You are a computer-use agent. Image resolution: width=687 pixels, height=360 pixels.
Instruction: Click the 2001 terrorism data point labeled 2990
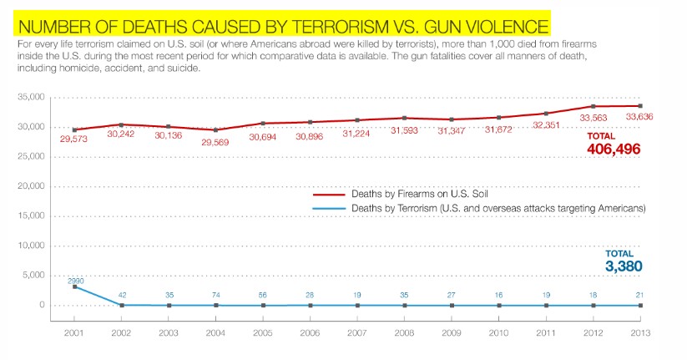coord(75,286)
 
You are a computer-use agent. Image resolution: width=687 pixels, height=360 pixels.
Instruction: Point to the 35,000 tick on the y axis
coord(31,98)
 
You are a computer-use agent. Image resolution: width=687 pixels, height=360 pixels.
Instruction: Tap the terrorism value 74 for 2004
coord(217,295)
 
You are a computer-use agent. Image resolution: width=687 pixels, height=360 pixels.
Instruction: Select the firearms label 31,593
coord(404,130)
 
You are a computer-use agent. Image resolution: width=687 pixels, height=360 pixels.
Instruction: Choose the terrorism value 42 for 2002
coord(123,295)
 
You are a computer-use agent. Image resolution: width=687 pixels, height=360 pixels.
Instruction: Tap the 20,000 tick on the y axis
coord(31,186)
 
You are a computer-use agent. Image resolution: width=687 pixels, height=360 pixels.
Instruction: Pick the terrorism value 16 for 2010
coord(499,295)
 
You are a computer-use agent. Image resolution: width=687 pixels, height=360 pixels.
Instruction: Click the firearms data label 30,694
coord(264,135)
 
